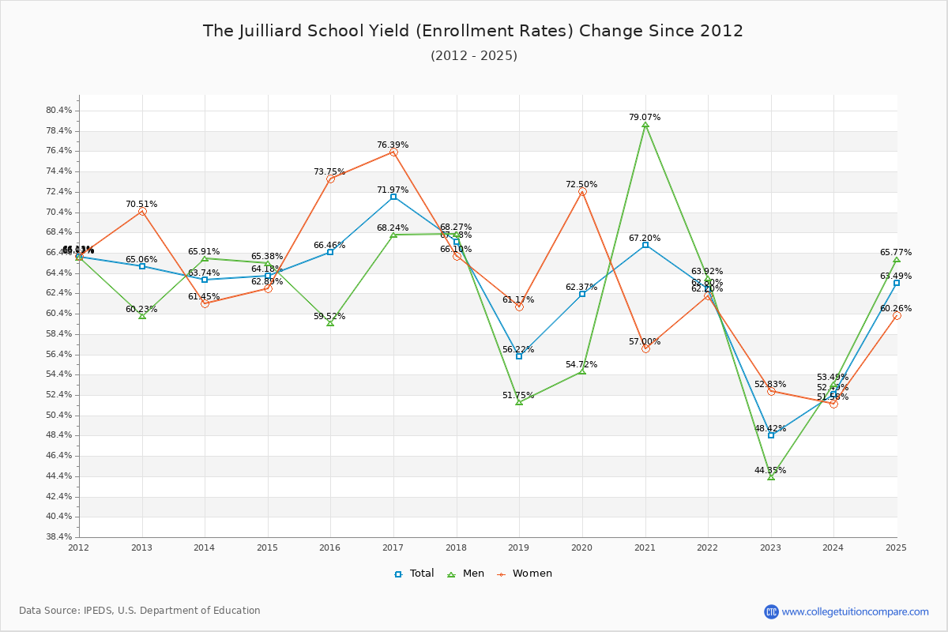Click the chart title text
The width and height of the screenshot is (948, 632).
tap(473, 31)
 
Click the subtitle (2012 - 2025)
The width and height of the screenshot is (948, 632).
tap(473, 55)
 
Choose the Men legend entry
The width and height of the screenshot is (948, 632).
tap(465, 574)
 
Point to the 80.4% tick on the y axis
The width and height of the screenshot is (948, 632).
tap(60, 111)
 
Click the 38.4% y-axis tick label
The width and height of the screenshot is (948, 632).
tap(60, 537)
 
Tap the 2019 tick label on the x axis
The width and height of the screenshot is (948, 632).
tap(519, 547)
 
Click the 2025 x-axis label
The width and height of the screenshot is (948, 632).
tap(896, 547)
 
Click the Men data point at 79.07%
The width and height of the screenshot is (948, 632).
tap(645, 125)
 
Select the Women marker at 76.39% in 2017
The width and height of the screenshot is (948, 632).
tap(393, 152)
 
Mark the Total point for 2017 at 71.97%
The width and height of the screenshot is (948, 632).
tap(393, 197)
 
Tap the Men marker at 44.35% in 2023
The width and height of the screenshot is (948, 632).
tap(771, 477)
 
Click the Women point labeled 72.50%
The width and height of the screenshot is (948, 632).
tap(582, 191)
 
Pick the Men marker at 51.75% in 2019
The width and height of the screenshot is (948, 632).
tap(519, 402)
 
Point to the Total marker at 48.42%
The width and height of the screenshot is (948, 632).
tap(771, 435)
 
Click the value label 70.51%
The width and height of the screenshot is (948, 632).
tap(141, 204)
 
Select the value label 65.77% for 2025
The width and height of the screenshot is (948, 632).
tap(896, 253)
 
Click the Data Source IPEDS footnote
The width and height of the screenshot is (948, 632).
tap(140, 611)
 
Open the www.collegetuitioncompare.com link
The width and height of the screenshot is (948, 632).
tap(855, 611)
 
